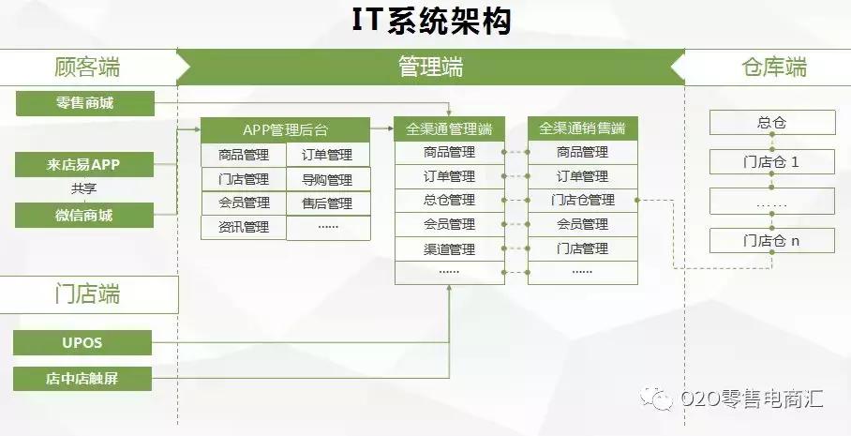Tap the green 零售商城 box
84,103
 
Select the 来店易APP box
84,165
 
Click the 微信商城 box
84,216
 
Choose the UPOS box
82,343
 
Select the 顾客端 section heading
87,68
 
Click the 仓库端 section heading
773,68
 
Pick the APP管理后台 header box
285,129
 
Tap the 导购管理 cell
327,179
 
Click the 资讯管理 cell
244,227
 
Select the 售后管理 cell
327,203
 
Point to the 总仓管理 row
449,200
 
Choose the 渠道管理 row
449,249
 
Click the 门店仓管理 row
582,200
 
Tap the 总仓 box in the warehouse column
771,123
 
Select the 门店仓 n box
771,241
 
